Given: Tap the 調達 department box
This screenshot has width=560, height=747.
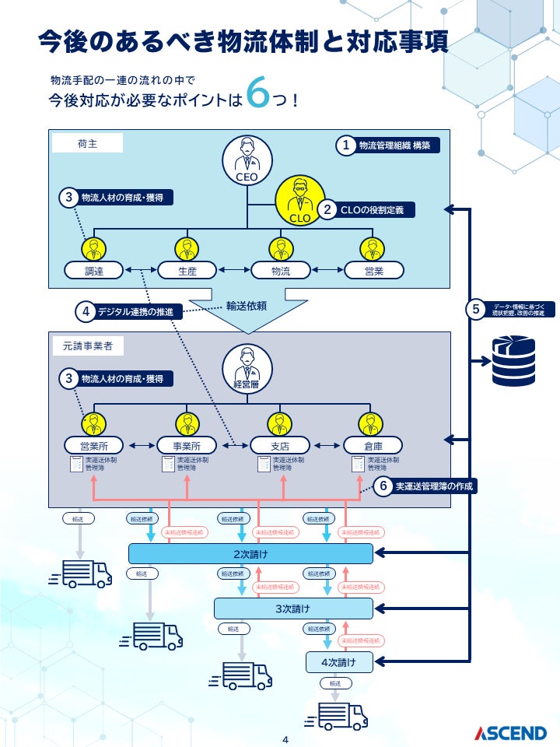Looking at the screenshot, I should (93, 271).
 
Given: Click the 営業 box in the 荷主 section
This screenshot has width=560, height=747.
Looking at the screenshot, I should (374, 271).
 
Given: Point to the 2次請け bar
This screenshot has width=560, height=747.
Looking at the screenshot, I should (250, 553).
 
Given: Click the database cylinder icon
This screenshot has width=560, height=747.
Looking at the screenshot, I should (513, 359).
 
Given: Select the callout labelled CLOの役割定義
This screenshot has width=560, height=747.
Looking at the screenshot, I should (366, 209).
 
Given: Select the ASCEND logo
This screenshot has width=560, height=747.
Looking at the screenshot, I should (511, 732).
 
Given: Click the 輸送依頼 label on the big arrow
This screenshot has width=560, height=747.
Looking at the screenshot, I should (247, 306).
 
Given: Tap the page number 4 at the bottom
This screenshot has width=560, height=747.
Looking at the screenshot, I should (285, 739).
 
